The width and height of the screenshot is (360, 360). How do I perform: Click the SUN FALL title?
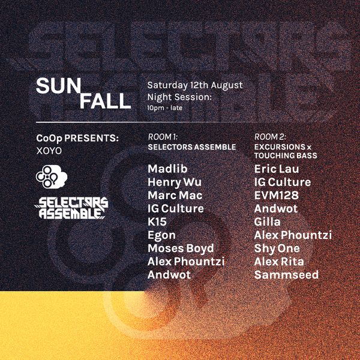[83, 93]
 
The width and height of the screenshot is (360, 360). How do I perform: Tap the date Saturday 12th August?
[194, 85]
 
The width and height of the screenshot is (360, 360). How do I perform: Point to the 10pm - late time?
[164, 108]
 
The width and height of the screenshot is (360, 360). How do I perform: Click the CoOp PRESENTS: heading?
[77, 138]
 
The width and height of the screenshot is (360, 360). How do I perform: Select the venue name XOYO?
[49, 151]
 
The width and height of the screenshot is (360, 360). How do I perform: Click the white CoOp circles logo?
[52, 176]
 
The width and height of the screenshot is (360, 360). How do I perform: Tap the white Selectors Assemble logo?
[71, 208]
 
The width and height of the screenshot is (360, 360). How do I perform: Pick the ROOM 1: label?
[163, 137]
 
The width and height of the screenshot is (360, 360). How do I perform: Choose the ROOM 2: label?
[270, 137]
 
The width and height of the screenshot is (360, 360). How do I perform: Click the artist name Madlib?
[167, 169]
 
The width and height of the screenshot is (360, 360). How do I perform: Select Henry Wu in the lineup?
[175, 182]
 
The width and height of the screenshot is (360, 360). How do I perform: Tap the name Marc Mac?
[175, 196]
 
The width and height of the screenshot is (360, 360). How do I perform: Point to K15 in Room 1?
[157, 222]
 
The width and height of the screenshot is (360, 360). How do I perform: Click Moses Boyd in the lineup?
[181, 248]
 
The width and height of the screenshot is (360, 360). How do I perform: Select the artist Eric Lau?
[277, 169]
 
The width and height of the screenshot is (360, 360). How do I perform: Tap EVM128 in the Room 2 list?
[277, 196]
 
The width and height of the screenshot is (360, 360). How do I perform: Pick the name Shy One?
[277, 248]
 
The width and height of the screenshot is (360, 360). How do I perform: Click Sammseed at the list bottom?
[287, 275]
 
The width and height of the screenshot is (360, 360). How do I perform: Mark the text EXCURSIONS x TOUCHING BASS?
[286, 151]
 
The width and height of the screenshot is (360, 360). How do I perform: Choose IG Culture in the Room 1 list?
[176, 209]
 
